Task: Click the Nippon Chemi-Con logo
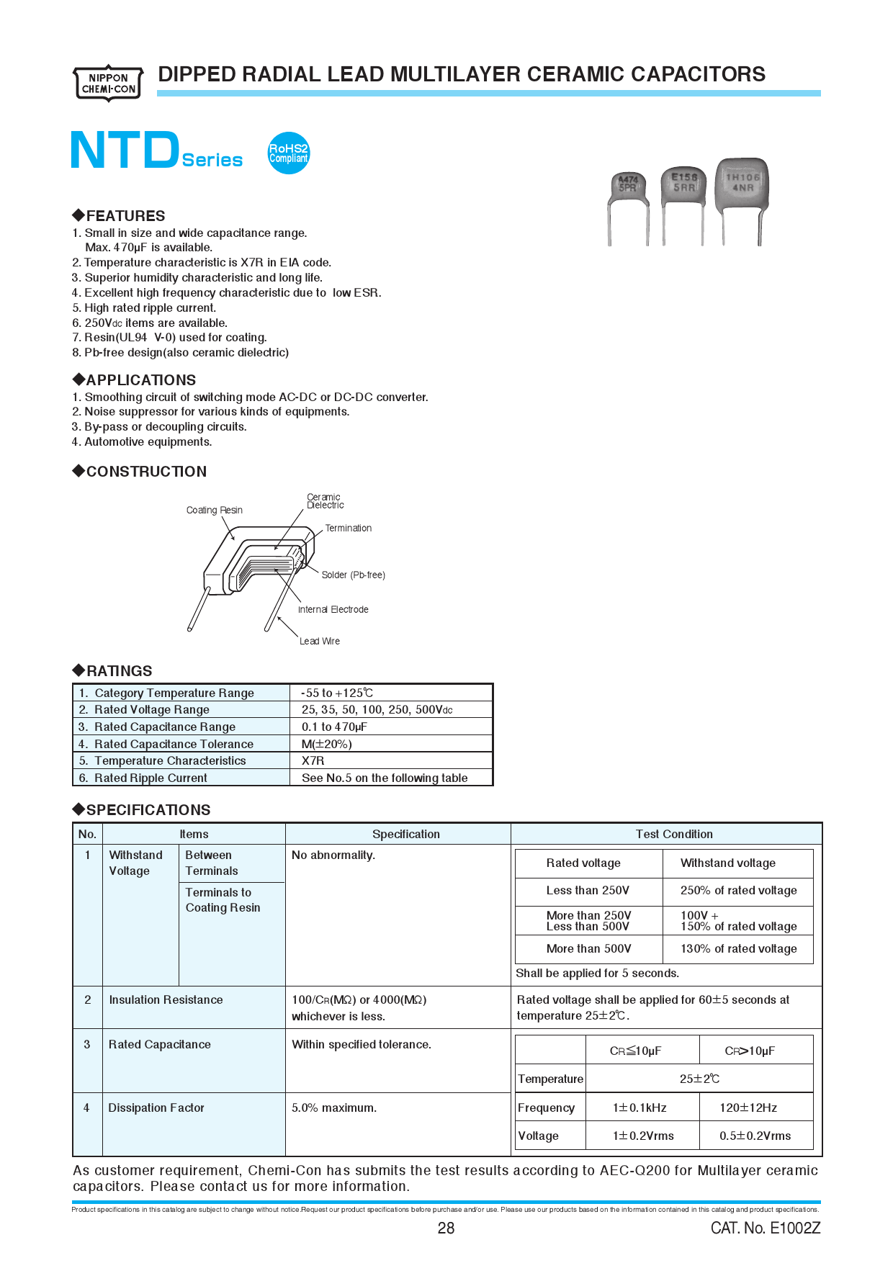108,84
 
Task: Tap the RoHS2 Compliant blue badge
288,153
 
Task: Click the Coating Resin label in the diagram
214,510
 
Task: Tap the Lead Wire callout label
320,641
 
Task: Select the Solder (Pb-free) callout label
353,575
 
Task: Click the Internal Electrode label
333,609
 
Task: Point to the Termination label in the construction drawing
348,528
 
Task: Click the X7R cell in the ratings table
313,760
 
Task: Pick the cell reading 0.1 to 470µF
334,727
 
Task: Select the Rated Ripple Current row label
151,778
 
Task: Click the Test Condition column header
673,834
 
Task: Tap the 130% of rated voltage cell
738,948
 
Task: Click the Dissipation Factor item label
156,1107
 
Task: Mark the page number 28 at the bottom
446,1228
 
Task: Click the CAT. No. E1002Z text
765,1228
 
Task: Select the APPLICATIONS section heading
140,379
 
